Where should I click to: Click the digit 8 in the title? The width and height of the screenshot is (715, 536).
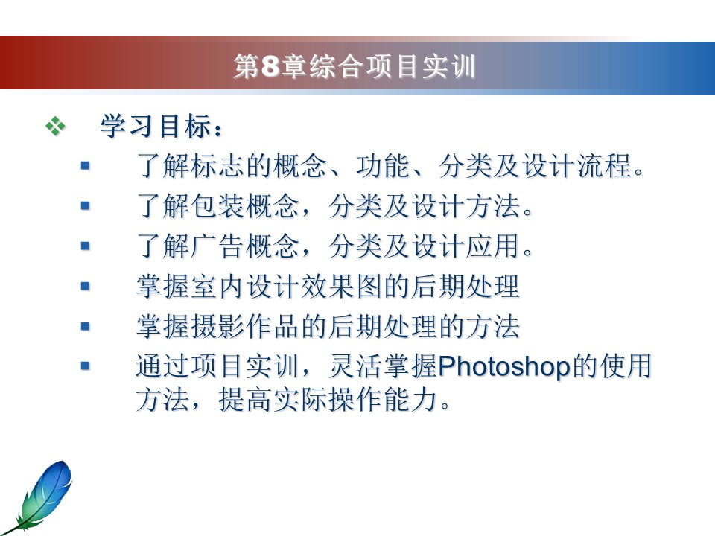pos(270,66)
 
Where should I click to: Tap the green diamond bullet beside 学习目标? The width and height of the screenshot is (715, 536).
pos(56,127)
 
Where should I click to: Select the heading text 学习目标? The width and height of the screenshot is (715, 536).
pos(156,127)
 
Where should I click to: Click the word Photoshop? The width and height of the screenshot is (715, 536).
pos(504,366)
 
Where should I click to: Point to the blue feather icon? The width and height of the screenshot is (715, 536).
pos(39,496)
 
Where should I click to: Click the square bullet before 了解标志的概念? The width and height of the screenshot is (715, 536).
pos(85,166)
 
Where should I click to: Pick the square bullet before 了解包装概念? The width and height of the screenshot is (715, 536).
pos(85,206)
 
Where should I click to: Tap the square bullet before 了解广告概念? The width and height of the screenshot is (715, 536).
pos(85,246)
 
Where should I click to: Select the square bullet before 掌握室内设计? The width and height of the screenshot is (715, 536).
pos(85,286)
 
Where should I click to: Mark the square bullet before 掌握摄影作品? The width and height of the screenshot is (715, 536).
pos(85,326)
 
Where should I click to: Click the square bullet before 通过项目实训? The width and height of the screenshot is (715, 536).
pos(85,366)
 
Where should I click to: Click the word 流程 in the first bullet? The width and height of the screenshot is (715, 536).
pos(604,165)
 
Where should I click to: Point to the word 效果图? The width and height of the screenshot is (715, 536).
pos(343,286)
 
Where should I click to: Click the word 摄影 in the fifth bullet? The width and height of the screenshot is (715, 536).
pos(218,326)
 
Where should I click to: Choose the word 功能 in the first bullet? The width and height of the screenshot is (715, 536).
pos(383,165)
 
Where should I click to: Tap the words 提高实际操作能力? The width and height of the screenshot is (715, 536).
pos(328,400)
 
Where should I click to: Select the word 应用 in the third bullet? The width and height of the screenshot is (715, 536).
pos(493,246)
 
